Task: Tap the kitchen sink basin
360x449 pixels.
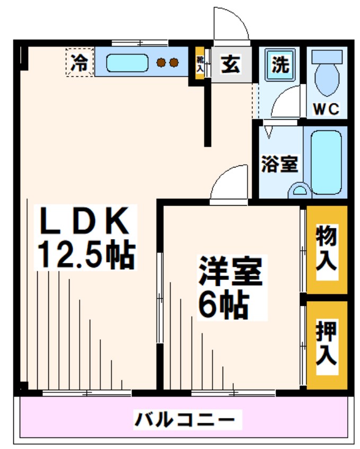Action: click(127, 63)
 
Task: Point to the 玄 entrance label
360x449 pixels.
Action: click(230, 65)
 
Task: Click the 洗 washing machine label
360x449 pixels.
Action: click(279, 65)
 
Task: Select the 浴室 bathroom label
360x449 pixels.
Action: click(279, 164)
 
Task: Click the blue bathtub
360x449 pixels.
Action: click(325, 161)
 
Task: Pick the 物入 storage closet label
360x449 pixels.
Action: click(326, 249)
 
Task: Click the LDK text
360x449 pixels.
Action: click(85, 222)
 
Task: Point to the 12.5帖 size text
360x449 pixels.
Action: click(85, 255)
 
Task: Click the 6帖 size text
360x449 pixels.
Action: click(223, 304)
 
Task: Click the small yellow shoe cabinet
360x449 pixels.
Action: click(200, 65)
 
